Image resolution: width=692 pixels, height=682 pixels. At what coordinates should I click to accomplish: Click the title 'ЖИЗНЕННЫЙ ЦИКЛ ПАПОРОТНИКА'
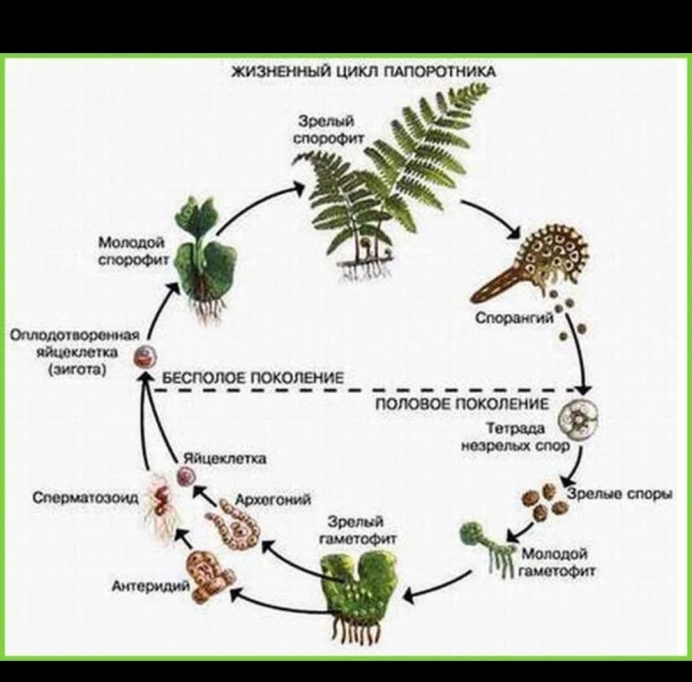tap(363, 70)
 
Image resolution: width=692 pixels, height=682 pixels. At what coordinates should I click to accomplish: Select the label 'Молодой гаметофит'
tap(557, 561)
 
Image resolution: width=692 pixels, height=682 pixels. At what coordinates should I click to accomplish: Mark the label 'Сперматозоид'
tap(85, 498)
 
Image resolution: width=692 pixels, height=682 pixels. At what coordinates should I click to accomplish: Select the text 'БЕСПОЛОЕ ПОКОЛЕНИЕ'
tap(252, 377)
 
